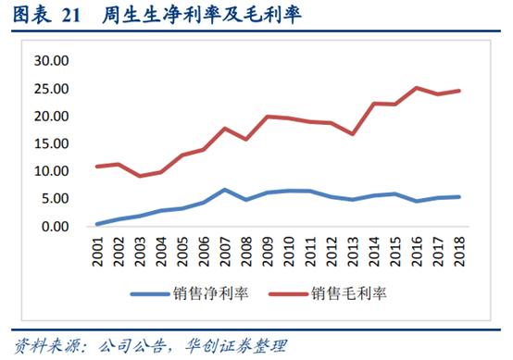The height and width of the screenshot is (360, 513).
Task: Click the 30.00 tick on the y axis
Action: pos(50,61)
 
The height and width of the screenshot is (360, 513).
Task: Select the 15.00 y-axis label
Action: pos(50,144)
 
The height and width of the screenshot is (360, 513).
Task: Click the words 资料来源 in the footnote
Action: pos(37,346)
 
